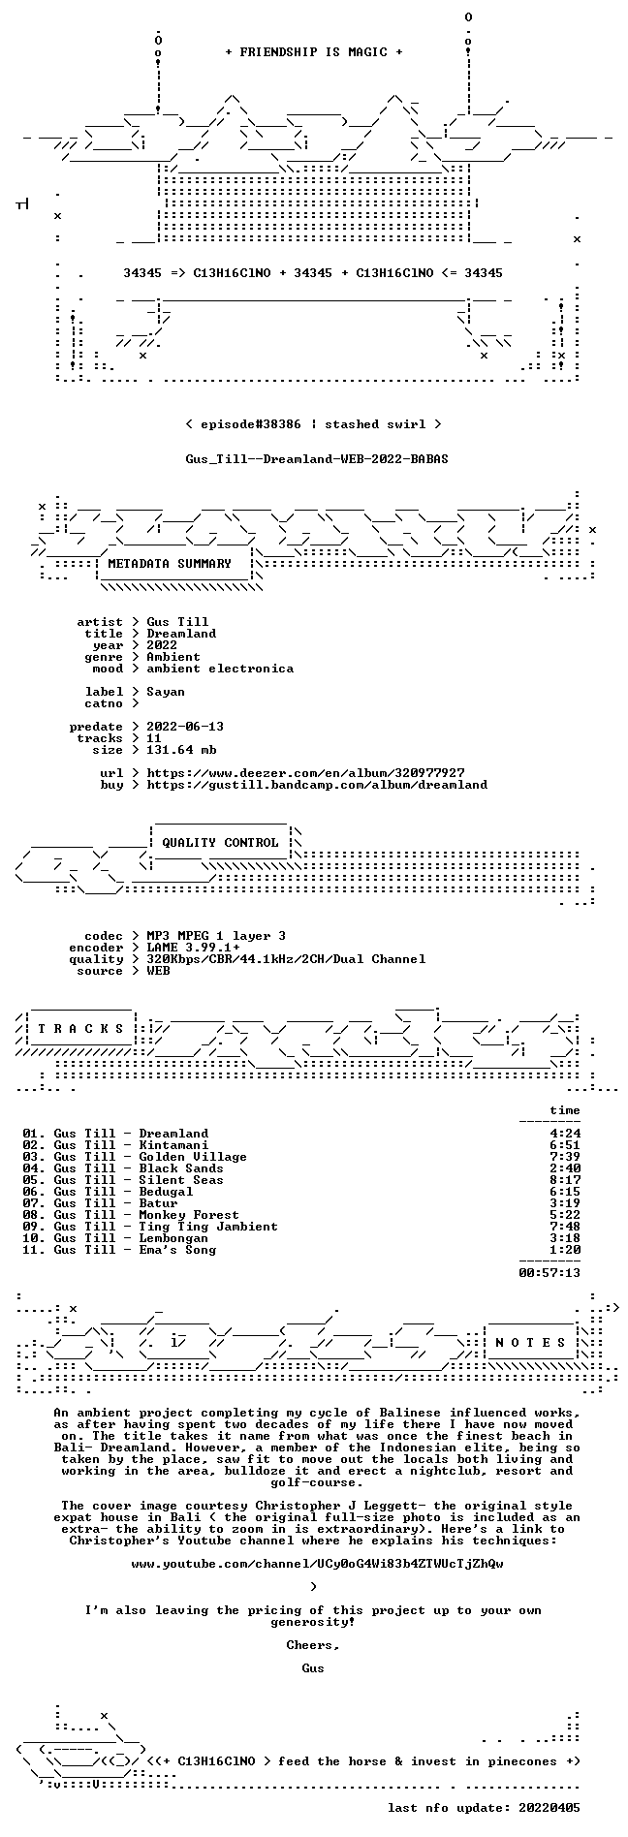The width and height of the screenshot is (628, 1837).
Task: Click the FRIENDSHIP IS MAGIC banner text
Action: tap(313, 52)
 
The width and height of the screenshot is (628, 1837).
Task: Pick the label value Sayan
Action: tap(166, 692)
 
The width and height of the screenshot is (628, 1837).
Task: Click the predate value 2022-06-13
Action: tap(185, 727)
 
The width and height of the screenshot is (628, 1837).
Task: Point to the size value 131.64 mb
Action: tap(181, 750)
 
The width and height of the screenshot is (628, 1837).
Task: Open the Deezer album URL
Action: tap(305, 773)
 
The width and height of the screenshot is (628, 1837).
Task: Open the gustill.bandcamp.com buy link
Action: tap(317, 785)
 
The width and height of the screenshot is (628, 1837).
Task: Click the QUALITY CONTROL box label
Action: tap(220, 843)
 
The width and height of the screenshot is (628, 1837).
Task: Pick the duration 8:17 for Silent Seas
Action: tap(565, 1180)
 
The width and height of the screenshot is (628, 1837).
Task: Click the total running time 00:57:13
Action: tap(549, 1273)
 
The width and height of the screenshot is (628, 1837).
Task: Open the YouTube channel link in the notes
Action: tap(317, 1564)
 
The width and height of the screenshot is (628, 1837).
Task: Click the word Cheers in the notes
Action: tap(310, 1645)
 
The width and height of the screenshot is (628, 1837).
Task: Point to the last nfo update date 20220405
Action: tap(549, 1808)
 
